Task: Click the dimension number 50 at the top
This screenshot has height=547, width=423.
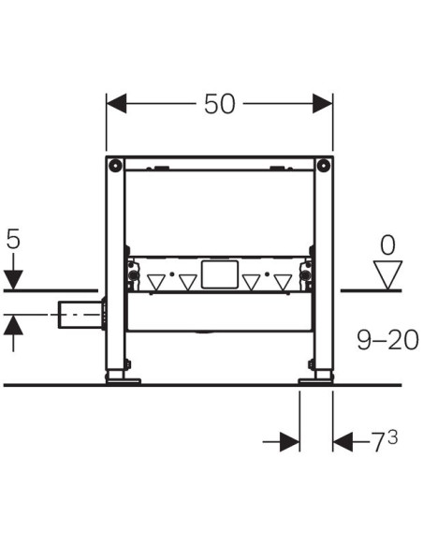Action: pyautogui.click(x=220, y=104)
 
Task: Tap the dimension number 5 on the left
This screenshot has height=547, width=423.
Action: pyautogui.click(x=13, y=240)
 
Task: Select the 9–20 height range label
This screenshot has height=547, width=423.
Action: pyautogui.click(x=387, y=341)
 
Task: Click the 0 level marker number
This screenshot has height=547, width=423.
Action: pyautogui.click(x=387, y=245)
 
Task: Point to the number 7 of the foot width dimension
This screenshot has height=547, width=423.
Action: pyautogui.click(x=379, y=442)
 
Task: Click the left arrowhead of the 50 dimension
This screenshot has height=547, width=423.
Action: pyautogui.click(x=116, y=104)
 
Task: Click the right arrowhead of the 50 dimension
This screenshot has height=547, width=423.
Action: pyautogui.click(x=323, y=104)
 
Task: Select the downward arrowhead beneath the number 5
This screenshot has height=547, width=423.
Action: pyautogui.click(x=13, y=280)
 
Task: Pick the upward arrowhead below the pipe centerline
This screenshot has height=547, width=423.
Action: pyautogui.click(x=13, y=325)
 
